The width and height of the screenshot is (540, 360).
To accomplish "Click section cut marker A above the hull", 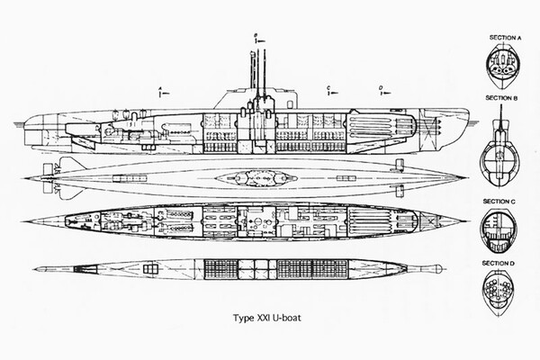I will pyautogui.click(x=158, y=89).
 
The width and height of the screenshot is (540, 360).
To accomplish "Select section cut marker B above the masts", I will pyautogui.click(x=256, y=35).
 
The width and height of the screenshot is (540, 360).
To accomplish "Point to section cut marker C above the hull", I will pyautogui.click(x=329, y=88).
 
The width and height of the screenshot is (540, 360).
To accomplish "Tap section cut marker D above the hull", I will pyautogui.click(x=381, y=88).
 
